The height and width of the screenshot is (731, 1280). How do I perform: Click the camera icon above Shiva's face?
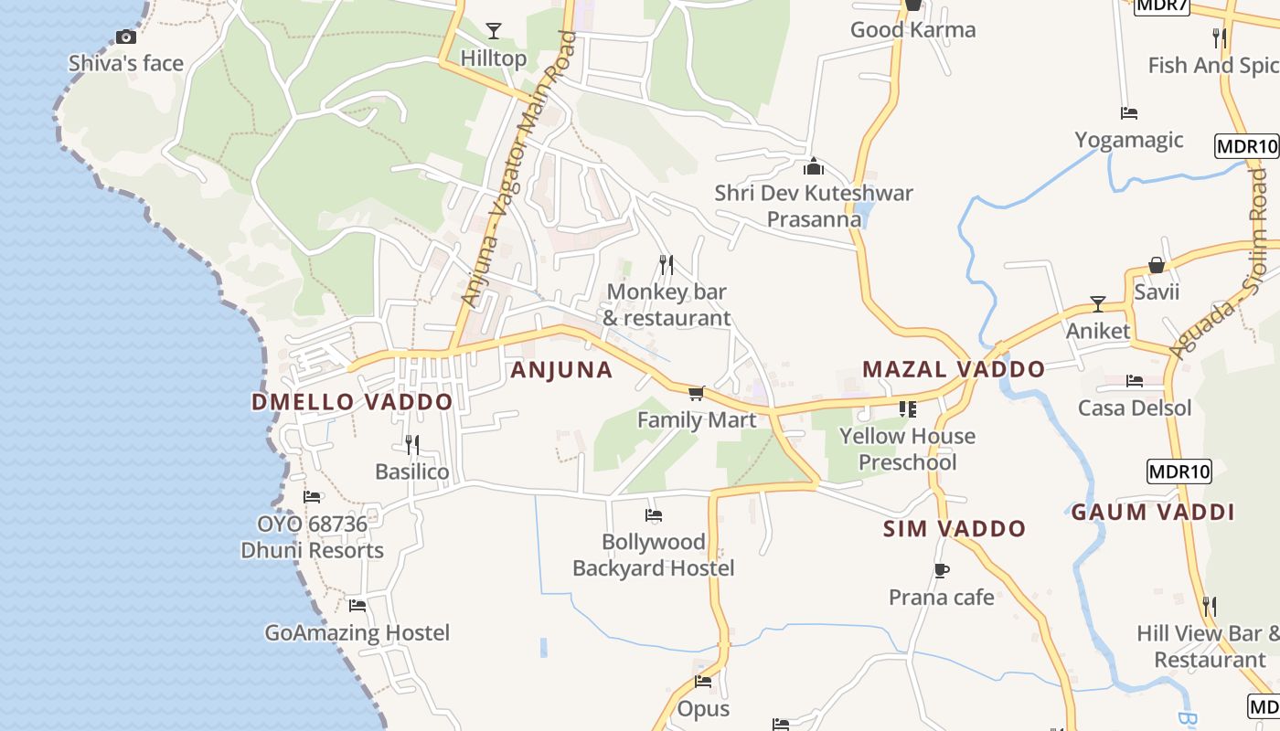(x=126, y=37)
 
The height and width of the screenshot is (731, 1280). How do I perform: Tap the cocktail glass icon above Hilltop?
(x=494, y=31)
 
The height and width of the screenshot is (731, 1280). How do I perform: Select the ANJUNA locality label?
(x=561, y=369)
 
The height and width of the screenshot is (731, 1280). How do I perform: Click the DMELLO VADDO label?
(x=352, y=402)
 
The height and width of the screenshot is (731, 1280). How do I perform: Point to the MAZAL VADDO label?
(x=954, y=369)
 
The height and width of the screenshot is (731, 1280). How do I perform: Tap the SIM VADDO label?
(x=955, y=528)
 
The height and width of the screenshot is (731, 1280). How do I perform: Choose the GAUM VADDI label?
(x=1153, y=512)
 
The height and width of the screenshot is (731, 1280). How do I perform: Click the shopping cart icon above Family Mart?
(x=697, y=393)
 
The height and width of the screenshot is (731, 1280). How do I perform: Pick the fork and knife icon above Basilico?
(x=412, y=445)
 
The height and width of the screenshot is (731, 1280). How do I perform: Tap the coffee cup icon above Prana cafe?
(x=942, y=571)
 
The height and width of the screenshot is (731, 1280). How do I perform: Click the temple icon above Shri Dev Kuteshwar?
(x=813, y=166)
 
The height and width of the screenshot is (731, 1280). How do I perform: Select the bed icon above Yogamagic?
(x=1129, y=113)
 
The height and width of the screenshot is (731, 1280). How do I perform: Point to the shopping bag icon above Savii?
(x=1157, y=265)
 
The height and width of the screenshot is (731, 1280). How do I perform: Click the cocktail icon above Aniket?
(x=1098, y=303)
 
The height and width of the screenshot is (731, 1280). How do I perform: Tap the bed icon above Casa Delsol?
(x=1135, y=381)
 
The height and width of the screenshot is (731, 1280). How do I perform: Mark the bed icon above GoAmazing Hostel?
(x=357, y=605)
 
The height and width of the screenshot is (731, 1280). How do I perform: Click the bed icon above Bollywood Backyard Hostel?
(x=653, y=515)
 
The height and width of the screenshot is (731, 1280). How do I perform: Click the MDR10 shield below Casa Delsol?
(x=1179, y=471)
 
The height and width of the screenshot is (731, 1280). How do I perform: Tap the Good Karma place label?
(x=912, y=29)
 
